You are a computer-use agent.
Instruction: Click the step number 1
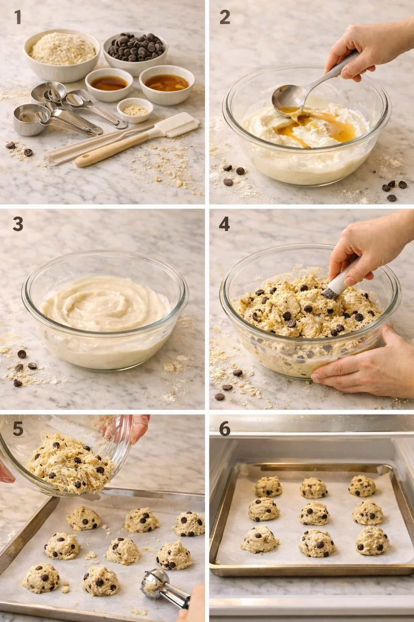click(x=17, y=17)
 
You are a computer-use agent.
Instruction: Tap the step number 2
click(x=225, y=17)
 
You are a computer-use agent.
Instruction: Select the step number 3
click(x=17, y=224)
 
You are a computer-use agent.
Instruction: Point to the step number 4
click(x=225, y=224)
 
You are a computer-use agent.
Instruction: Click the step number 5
click(x=17, y=429)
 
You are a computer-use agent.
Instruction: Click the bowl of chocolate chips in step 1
click(x=135, y=49)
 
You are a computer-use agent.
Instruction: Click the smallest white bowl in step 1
click(x=135, y=110)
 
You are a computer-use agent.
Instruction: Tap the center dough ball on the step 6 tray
click(x=314, y=513)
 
